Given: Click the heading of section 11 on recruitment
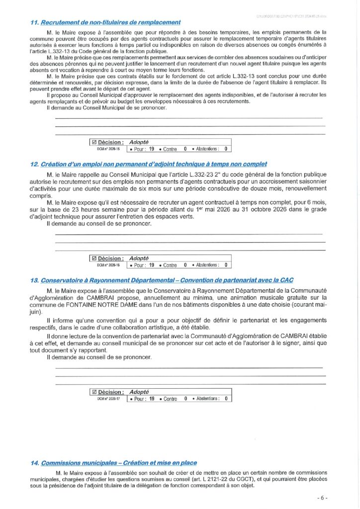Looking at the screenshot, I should [x=105, y=22].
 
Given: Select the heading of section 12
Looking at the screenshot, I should [x=149, y=164].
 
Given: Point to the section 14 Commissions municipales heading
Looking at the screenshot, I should [x=113, y=463].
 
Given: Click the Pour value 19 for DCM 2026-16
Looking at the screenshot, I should [x=152, y=265].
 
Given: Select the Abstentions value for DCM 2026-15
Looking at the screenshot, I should [x=225, y=149].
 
